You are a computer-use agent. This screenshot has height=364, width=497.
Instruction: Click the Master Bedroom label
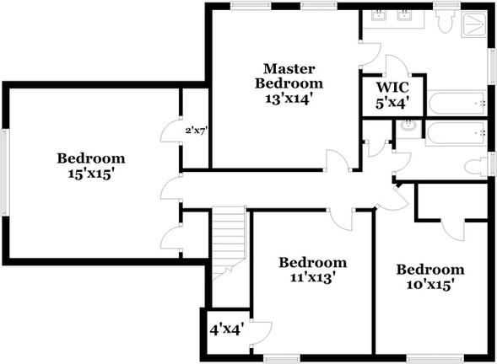point(289,77)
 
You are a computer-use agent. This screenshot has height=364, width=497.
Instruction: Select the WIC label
point(392,87)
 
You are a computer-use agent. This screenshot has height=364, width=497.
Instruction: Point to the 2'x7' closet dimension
point(197,130)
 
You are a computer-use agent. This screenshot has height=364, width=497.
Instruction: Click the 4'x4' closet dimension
point(226,330)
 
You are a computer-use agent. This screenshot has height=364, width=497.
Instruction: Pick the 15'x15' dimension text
point(91,174)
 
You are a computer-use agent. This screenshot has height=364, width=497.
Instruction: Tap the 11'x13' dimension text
point(313,277)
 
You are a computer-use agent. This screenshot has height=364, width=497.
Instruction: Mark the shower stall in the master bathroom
point(474,24)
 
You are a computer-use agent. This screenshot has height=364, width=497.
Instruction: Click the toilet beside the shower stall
point(445,21)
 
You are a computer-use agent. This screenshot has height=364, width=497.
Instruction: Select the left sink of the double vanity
point(379,15)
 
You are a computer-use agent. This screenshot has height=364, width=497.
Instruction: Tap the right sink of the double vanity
point(404,15)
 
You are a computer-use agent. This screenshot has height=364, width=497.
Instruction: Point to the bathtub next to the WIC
point(456,103)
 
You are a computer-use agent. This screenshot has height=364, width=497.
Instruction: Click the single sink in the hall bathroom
point(408,126)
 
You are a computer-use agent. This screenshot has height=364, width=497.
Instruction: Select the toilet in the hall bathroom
point(476,166)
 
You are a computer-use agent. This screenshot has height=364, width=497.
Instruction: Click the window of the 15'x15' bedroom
point(5,173)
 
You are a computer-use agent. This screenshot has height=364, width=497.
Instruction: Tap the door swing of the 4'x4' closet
point(262,333)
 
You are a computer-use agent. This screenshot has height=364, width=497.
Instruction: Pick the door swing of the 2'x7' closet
point(171,131)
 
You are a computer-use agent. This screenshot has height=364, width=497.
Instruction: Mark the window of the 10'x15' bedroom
point(435,358)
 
